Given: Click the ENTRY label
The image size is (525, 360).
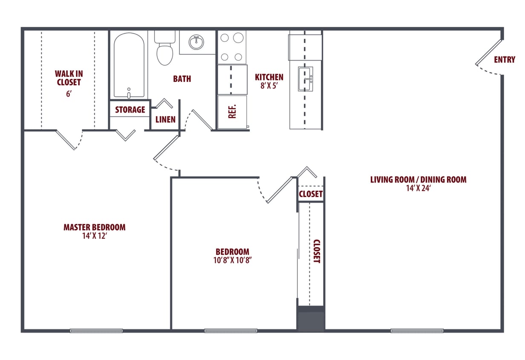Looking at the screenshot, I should point(504,60).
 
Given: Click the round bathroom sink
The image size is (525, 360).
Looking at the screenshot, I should point(196,42).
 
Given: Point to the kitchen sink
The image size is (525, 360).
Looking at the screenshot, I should point(305,79).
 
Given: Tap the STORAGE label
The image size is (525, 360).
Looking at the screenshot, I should point(130,110).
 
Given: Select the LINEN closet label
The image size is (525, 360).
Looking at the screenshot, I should point(165,119).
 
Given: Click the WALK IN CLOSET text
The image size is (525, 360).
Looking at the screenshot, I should point(69,78).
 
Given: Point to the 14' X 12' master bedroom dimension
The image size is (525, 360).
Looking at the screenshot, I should point(94,235).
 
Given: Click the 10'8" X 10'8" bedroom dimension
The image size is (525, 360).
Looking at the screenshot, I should point(232,260).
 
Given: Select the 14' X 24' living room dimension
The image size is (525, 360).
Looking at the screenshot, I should point(418,188).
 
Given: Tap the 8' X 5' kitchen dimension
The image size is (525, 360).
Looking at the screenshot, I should point(269,85).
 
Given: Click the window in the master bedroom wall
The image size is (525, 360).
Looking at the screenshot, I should point(96,331).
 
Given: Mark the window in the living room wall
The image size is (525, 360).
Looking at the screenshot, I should point(417,331).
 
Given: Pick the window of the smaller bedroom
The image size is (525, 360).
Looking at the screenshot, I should point(231,331).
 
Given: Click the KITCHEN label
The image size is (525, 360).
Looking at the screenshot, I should point(269,77).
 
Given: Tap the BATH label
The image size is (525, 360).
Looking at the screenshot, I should point(182,79).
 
